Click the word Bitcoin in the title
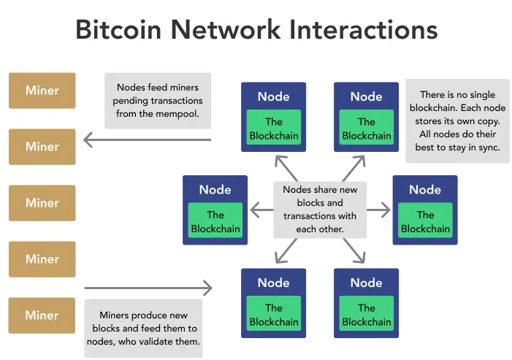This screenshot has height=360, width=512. tap(118, 29)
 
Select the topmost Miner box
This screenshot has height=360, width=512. tap(42, 91)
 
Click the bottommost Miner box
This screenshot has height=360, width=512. tap(42, 315)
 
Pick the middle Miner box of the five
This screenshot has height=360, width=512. tap(42, 203)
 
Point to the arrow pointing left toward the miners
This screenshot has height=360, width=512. tap(148, 139)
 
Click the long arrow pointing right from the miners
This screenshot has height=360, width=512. tap(148, 288)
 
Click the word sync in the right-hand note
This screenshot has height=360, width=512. tap(489, 148)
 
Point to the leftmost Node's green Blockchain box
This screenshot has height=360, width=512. tap(215, 221)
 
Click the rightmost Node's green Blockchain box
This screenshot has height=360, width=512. tap(425, 221)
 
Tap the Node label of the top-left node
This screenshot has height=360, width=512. tap(274, 96)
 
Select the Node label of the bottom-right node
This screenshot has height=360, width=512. tap(367, 283)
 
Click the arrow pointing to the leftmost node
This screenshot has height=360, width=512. tap(261, 210)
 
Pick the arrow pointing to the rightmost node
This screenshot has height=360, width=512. tap(378, 210)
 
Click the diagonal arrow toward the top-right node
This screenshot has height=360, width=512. tap(354, 168)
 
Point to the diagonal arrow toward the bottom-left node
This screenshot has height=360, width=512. tap(286, 250)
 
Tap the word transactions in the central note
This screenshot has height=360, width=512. tap(320, 216)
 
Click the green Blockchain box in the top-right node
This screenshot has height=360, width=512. tap(367, 129)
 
